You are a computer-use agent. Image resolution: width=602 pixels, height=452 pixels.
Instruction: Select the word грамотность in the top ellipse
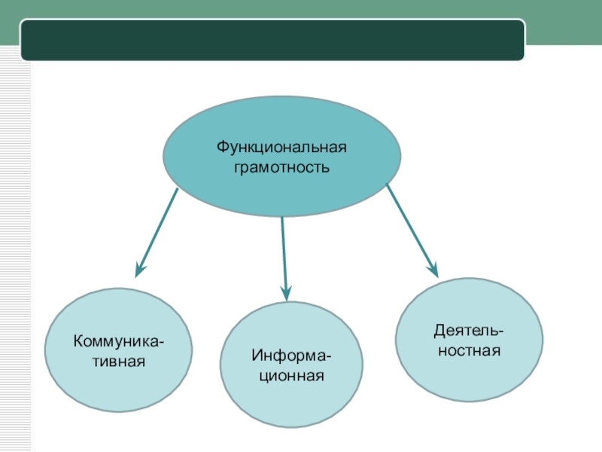282,165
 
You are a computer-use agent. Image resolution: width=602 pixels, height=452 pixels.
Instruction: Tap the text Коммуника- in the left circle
120,343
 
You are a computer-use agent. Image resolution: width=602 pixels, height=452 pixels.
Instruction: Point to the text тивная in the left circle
119,361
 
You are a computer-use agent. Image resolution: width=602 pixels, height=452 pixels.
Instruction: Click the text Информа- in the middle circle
292,356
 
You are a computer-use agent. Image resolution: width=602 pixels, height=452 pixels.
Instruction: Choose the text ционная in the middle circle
292,374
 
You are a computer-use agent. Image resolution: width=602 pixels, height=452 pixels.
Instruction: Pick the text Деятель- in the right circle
469,331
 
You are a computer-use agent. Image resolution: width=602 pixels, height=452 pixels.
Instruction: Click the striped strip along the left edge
15,249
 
